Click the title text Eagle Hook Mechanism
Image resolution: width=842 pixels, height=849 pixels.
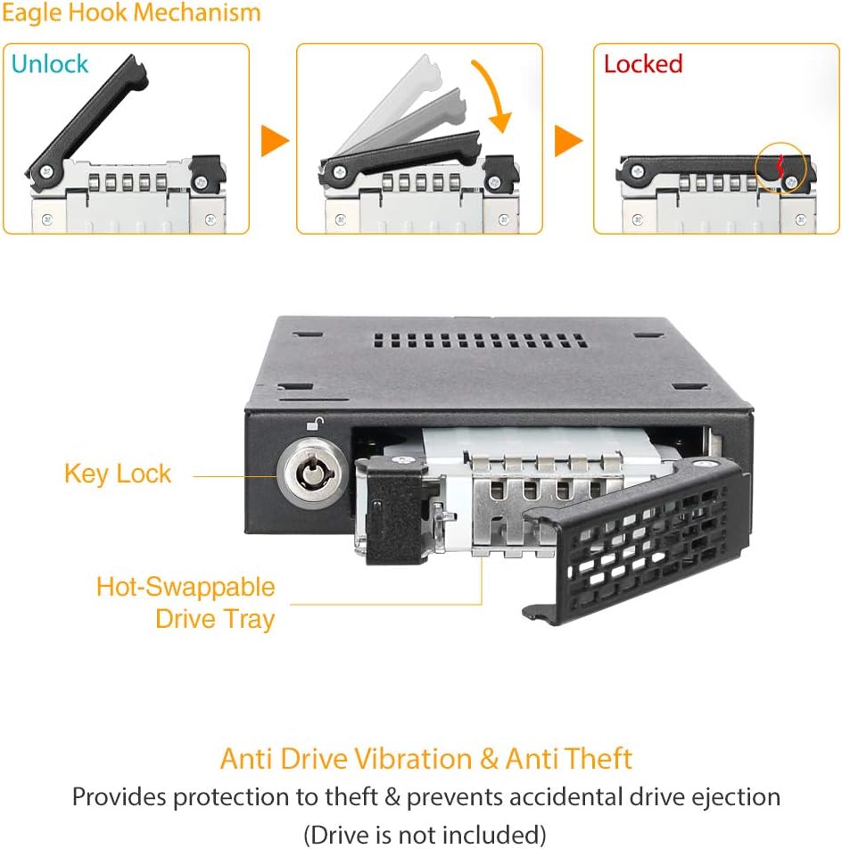click(131, 13)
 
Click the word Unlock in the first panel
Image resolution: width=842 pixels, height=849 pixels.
click(50, 64)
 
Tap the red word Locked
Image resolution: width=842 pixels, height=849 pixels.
click(642, 64)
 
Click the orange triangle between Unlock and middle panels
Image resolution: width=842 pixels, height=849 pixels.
click(275, 140)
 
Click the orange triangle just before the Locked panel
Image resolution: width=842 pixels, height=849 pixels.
click(569, 140)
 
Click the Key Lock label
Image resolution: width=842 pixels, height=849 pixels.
click(117, 474)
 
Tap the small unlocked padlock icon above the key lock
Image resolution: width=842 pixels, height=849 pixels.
click(314, 426)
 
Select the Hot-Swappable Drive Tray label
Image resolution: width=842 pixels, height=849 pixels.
click(186, 603)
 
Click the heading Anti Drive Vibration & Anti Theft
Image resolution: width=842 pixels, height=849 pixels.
click(425, 759)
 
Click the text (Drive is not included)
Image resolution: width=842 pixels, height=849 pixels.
click(425, 835)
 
